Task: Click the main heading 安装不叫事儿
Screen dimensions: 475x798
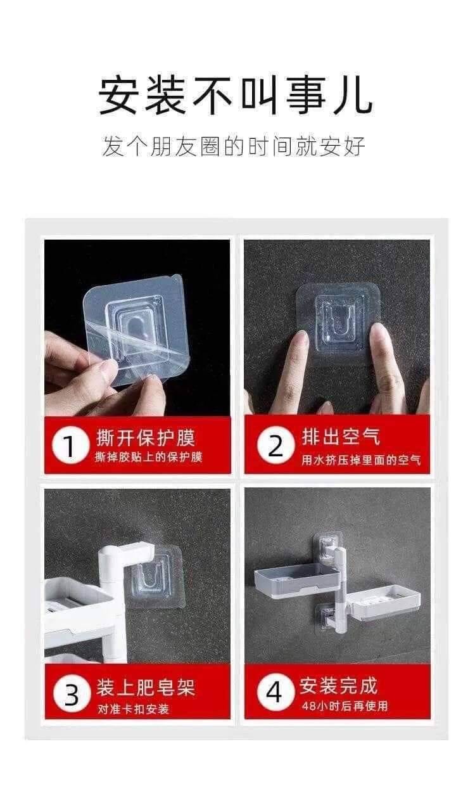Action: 236,96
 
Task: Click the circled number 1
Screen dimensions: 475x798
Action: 70,446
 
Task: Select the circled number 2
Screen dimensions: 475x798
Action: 275,446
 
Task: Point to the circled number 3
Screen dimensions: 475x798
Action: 71,695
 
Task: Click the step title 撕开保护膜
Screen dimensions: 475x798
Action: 146,438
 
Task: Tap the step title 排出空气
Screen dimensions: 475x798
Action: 341,437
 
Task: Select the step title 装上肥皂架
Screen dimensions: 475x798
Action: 146,687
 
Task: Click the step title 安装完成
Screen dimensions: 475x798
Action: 338,686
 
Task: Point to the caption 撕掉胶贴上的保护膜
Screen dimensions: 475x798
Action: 148,457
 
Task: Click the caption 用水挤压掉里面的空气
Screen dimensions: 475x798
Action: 361,460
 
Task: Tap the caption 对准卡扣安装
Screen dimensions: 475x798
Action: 133,709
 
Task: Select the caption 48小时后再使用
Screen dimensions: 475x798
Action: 345,705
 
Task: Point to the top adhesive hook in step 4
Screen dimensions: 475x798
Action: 327,548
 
